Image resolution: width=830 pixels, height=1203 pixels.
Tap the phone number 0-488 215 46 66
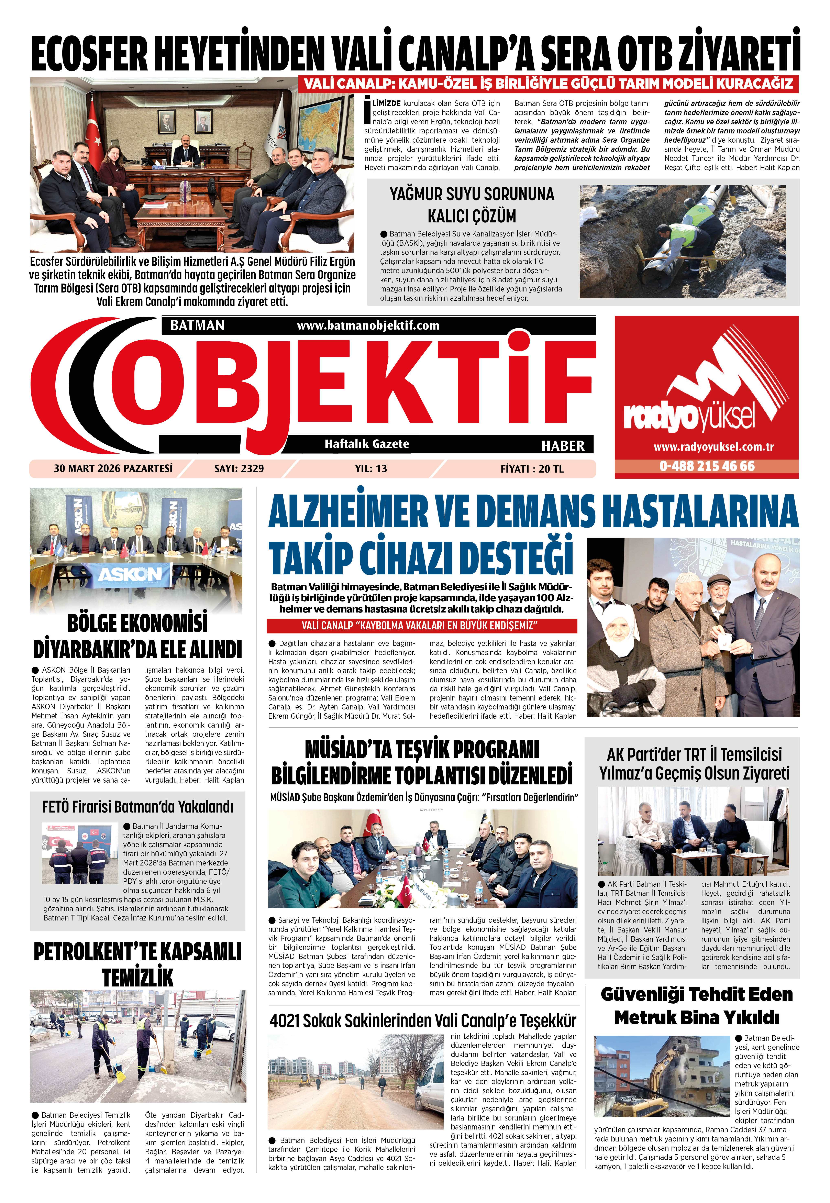click(707, 466)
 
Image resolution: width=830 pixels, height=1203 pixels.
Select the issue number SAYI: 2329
click(239, 469)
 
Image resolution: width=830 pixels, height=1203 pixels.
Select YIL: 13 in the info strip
click(371, 469)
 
